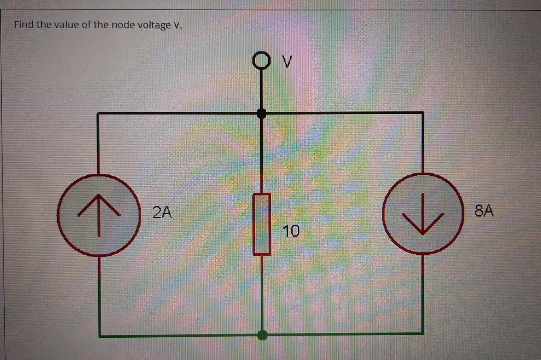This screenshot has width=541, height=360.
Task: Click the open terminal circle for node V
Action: (x=261, y=60)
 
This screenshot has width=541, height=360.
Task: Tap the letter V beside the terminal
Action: (x=288, y=62)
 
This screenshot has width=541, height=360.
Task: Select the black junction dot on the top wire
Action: (x=262, y=114)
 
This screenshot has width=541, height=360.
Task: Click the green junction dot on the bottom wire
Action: (x=262, y=335)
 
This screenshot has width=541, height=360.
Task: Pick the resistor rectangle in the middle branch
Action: (x=262, y=224)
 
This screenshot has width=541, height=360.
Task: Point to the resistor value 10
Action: (x=291, y=231)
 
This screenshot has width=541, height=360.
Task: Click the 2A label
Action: (x=162, y=212)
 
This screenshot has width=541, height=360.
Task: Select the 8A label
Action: (x=484, y=210)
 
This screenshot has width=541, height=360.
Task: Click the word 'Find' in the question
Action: (x=23, y=25)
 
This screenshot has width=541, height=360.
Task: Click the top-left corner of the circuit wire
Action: (x=98, y=113)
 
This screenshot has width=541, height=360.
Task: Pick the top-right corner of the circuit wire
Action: (x=423, y=113)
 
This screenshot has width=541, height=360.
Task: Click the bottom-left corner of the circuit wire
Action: (x=100, y=336)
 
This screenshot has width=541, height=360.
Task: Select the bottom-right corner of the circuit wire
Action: (x=423, y=333)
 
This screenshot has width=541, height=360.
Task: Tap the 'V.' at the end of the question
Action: (x=178, y=25)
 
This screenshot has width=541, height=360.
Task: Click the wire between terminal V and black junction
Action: (x=261, y=88)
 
